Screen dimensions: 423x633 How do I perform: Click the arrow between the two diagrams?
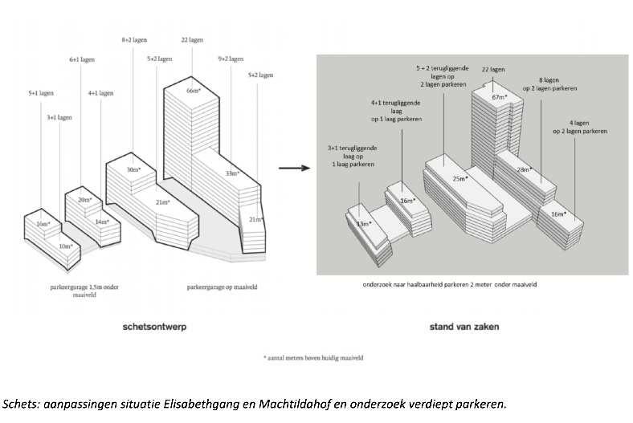(294, 169)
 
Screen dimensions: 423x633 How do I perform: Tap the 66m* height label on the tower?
(193, 91)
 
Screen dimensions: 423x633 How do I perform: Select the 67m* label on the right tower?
(500, 97)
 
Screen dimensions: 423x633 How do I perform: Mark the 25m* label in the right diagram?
(460, 178)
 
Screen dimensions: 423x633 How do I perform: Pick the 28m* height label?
(525, 169)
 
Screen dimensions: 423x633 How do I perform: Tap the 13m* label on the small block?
(364, 224)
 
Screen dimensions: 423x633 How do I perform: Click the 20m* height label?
(84, 199)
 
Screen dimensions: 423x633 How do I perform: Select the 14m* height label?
(102, 222)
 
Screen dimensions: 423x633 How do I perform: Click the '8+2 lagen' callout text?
(133, 39)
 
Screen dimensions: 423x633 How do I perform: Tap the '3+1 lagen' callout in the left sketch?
(59, 117)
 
